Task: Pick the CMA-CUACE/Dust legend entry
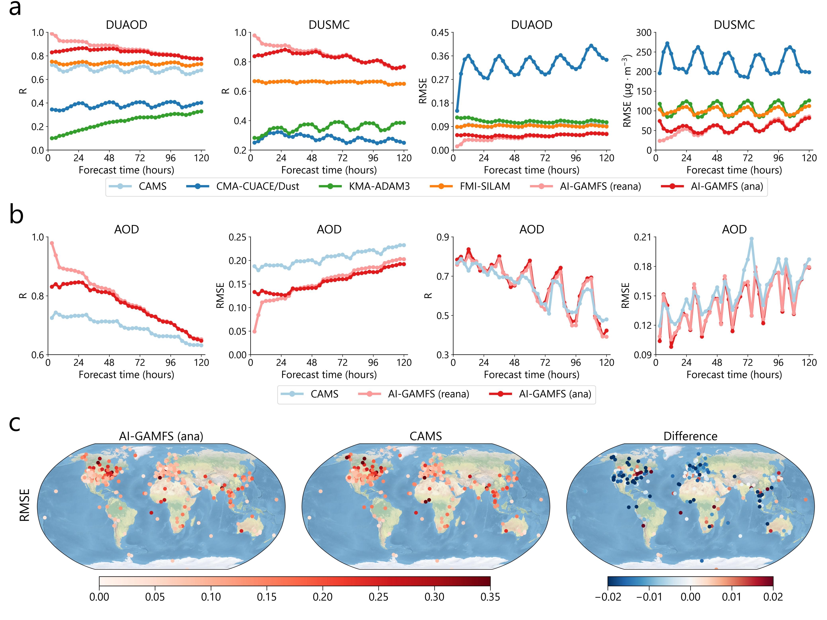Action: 257,186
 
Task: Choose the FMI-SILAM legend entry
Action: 485,186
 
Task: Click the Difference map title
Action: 690,436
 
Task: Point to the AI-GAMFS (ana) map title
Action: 161,436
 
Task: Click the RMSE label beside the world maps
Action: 25,505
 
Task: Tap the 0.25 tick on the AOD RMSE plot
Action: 237,237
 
